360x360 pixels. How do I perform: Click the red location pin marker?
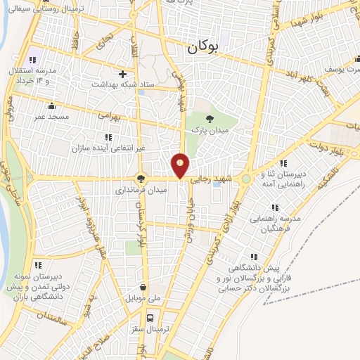[181, 165]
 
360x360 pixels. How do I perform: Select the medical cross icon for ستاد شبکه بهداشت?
[123, 74]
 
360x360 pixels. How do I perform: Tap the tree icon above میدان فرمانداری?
[141, 179]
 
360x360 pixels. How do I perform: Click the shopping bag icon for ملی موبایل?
[144, 287]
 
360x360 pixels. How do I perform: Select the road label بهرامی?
[110, 113]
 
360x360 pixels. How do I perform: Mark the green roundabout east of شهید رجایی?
[246, 179]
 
